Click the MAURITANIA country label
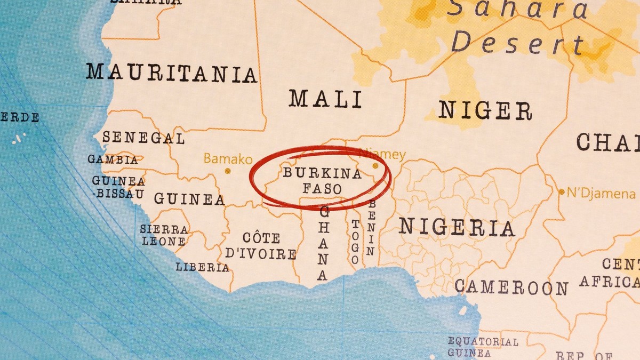[x=171, y=73]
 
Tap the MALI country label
[x=325, y=99]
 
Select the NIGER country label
[x=485, y=111]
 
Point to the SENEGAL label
[x=143, y=138]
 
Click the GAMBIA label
[x=113, y=159]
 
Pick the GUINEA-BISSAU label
[x=118, y=187]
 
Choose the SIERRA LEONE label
[x=164, y=235]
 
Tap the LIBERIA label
[x=203, y=267]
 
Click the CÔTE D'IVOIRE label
[x=261, y=245]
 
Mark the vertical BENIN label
[x=371, y=228]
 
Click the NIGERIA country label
[x=457, y=228]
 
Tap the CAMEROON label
[x=511, y=288]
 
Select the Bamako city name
[x=228, y=158]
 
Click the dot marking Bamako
[x=228, y=171]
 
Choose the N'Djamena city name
[x=601, y=193]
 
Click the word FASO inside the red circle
[x=322, y=188]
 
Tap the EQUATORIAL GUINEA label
[x=482, y=347]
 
